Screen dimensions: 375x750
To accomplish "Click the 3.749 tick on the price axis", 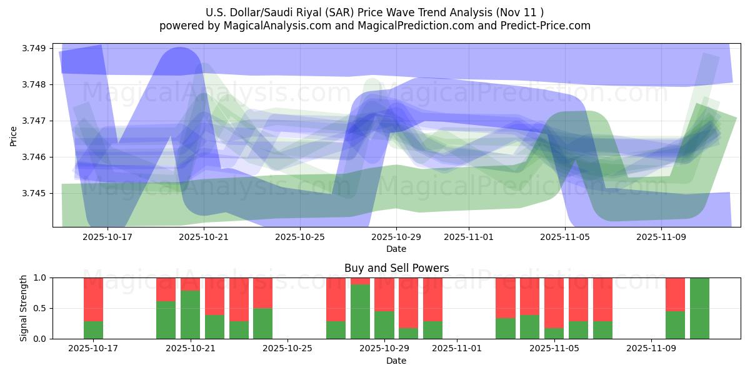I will pyautogui.click(x=36, y=48).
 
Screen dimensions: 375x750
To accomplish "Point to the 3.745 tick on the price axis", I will pyautogui.click(x=36, y=193).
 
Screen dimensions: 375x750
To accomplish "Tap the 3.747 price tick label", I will pyautogui.click(x=36, y=121).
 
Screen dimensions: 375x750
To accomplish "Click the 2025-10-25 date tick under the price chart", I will pyautogui.click(x=300, y=237).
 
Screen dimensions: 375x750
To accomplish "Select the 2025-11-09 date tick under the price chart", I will pyautogui.click(x=661, y=237).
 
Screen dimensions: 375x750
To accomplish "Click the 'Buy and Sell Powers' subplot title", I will pyautogui.click(x=396, y=268).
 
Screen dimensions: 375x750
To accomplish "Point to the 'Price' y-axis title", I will pyautogui.click(x=14, y=136).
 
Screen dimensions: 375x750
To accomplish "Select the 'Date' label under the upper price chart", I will pyautogui.click(x=396, y=249).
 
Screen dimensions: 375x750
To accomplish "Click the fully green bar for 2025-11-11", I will pyautogui.click(x=699, y=308).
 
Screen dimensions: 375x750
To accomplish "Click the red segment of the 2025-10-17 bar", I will pyautogui.click(x=93, y=299).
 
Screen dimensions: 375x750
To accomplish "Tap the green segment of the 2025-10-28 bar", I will pyautogui.click(x=360, y=311).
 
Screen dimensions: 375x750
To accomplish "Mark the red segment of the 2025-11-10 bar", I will pyautogui.click(x=675, y=294).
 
